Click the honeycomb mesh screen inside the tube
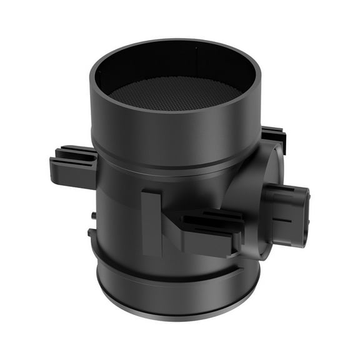(x=175, y=94)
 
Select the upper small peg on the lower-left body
(x=93, y=216)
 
